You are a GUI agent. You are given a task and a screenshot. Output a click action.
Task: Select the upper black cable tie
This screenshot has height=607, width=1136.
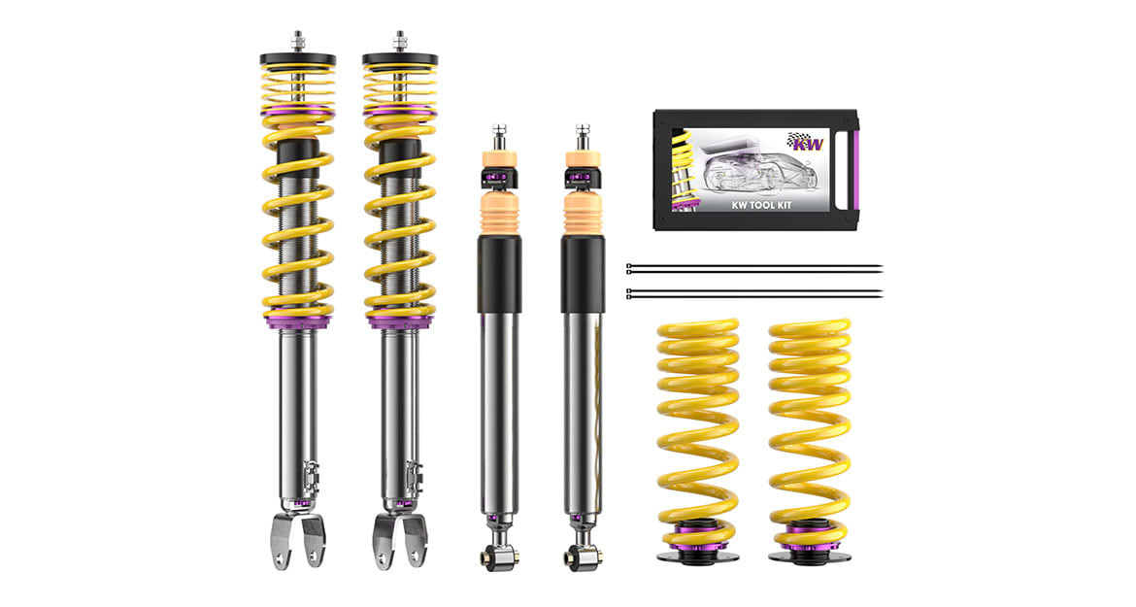coord(754,269)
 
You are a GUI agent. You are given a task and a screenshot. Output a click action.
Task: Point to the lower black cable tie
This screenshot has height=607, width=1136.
coord(754,293)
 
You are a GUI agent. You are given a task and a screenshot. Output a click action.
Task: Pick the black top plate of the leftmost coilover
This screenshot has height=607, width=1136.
coord(298,59)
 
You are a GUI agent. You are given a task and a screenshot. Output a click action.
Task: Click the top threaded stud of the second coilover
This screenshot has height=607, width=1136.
coord(399,40)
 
